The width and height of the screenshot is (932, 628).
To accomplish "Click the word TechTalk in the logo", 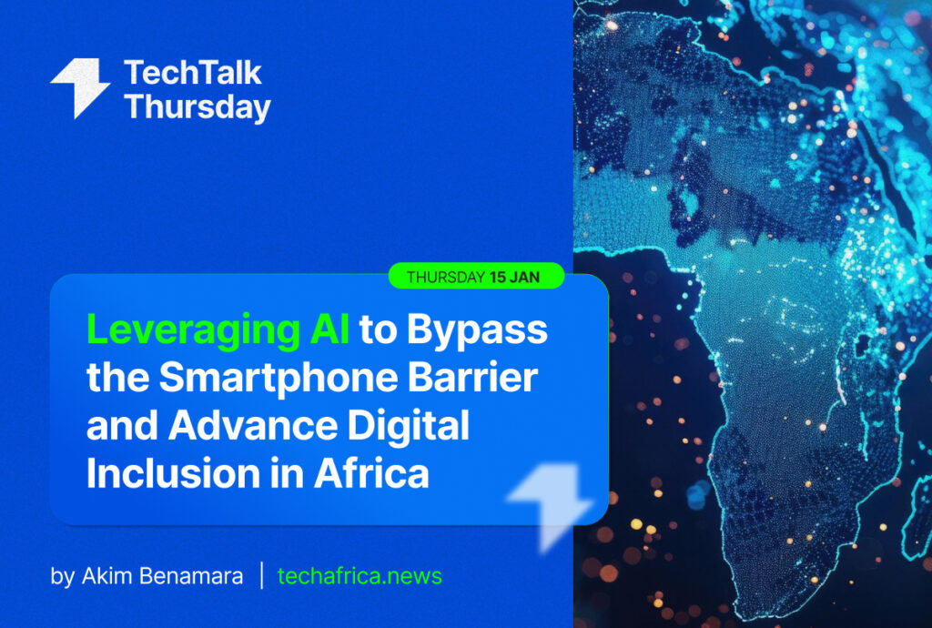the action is pyautogui.click(x=193, y=73).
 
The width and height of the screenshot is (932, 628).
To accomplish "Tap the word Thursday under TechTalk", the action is pyautogui.click(x=198, y=107).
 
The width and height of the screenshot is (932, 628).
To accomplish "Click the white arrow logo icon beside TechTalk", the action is pyautogui.click(x=80, y=88).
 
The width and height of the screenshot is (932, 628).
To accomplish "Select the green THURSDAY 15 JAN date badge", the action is pyautogui.click(x=476, y=277).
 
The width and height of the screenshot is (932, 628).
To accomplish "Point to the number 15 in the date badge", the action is pyautogui.click(x=498, y=277).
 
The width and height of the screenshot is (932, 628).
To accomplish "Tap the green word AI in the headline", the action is pyautogui.click(x=329, y=329).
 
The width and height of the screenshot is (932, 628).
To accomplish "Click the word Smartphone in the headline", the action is pyautogui.click(x=279, y=379).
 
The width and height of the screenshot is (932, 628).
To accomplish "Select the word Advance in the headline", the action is pyautogui.click(x=253, y=425).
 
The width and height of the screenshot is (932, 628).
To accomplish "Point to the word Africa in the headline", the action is pyautogui.click(x=371, y=473).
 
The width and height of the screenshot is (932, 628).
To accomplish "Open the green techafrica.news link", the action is pyautogui.click(x=360, y=576).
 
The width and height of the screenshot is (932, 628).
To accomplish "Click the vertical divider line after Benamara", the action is pyautogui.click(x=261, y=575).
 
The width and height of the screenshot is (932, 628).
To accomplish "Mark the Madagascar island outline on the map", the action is pyautogui.click(x=919, y=522).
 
